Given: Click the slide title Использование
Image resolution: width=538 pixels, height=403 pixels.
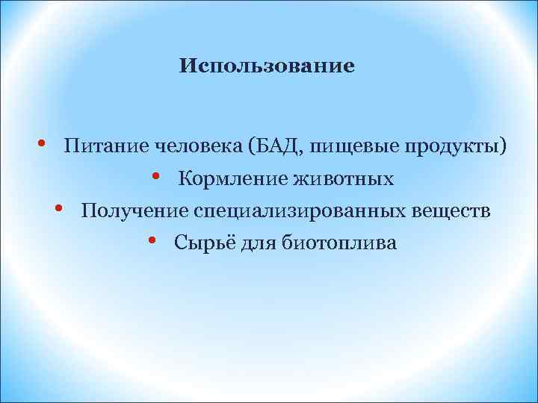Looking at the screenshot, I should coord(267,67).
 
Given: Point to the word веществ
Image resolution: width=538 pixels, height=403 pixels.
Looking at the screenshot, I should coord(451,211).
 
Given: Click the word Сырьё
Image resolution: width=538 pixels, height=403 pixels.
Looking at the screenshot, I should coord(199,243).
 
